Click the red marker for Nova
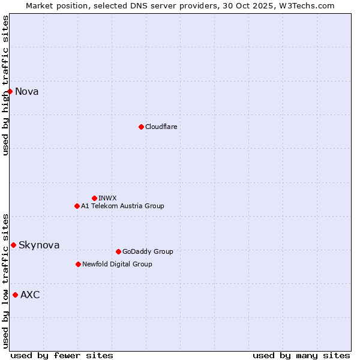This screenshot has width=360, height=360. (10, 91)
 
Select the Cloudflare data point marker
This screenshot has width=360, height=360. (141, 127)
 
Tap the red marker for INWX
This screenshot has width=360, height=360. (94, 198)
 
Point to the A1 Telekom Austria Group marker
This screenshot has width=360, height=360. (77, 206)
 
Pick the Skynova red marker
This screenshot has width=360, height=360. (13, 245)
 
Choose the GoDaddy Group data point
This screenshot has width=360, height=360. (118, 251)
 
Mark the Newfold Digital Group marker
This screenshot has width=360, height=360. (78, 264)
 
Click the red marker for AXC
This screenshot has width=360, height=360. (15, 295)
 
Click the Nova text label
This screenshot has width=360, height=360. (27, 92)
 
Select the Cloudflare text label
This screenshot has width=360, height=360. (161, 127)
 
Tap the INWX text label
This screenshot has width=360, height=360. (107, 198)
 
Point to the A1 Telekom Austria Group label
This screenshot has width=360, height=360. (122, 206)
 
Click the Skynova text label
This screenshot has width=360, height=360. (39, 245)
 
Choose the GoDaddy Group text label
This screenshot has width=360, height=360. (148, 251)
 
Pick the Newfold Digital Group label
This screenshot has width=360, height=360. (117, 264)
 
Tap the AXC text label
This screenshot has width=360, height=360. (30, 295)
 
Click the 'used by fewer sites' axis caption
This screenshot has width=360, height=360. (62, 355)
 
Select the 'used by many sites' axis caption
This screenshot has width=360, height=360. (301, 355)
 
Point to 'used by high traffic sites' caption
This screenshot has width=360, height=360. (5, 85)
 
